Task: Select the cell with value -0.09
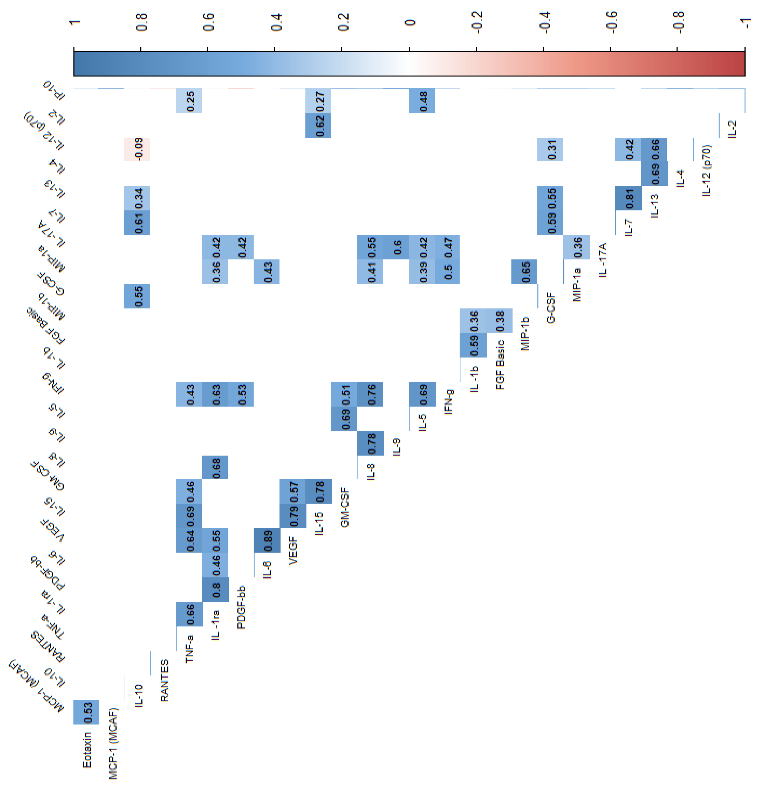[x=137, y=149]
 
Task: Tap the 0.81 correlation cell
[x=628, y=198]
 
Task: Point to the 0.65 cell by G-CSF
[x=524, y=272]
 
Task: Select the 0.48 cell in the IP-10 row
[x=422, y=101]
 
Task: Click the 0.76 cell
[x=370, y=394]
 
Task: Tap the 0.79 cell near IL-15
[x=293, y=516]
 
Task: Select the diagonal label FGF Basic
[x=500, y=365]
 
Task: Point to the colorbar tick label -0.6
[x=610, y=22]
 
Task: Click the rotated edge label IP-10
[x=54, y=90]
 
